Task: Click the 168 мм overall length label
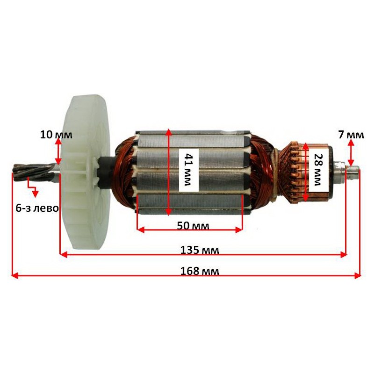(200, 271)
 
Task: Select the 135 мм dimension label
(200, 250)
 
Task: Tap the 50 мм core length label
(193, 225)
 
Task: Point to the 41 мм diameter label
(188, 170)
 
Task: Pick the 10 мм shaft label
(56, 135)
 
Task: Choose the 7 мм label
(351, 135)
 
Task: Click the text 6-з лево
(37, 208)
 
